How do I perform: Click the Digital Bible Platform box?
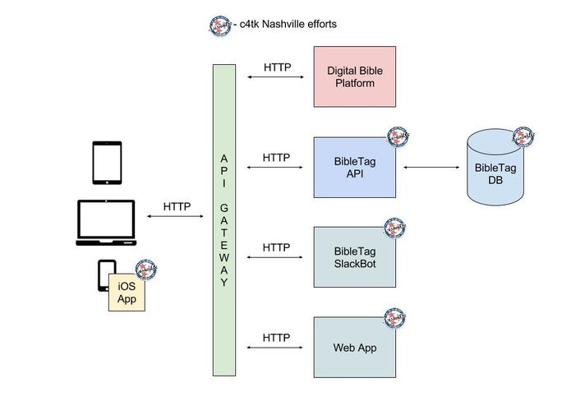click(x=354, y=77)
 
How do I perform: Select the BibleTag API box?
click(x=354, y=168)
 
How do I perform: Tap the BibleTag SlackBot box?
click(x=354, y=257)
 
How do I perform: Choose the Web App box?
click(x=354, y=347)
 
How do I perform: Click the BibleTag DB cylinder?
click(x=495, y=169)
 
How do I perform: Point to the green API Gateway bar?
click(x=224, y=219)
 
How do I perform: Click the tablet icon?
click(x=107, y=163)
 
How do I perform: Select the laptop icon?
click(x=106, y=222)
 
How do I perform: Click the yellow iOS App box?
click(x=127, y=293)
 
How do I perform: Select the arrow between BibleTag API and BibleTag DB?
click(x=431, y=168)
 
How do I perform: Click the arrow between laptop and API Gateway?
click(x=177, y=217)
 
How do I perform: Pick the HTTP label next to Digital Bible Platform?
click(x=277, y=67)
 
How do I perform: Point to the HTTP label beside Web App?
click(x=276, y=338)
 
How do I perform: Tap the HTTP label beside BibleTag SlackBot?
click(x=276, y=247)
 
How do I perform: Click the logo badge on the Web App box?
click(x=395, y=317)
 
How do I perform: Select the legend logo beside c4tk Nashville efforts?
click(x=219, y=25)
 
